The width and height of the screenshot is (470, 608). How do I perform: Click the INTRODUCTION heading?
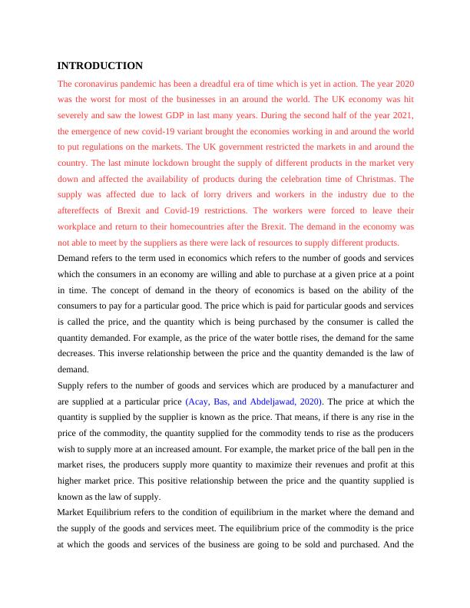coord(100,66)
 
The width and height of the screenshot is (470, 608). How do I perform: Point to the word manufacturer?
coord(369,385)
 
